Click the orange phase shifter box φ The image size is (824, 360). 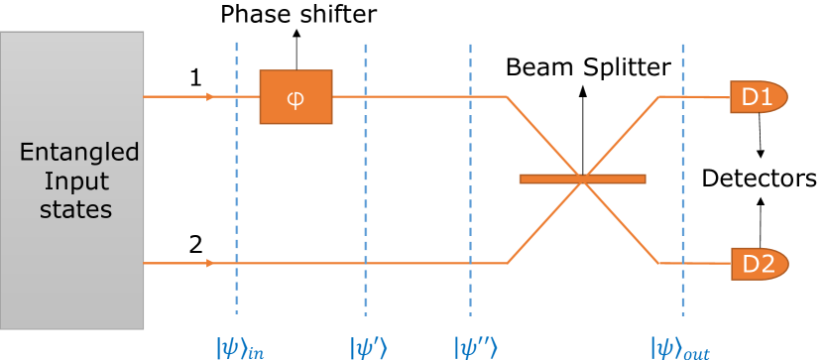pyautogui.click(x=295, y=96)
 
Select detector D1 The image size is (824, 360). pyautogui.click(x=758, y=97)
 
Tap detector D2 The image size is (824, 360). pyautogui.click(x=759, y=264)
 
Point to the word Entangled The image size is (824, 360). pyautogui.click(x=79, y=154)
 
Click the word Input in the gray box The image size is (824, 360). pyautogui.click(x=75, y=182)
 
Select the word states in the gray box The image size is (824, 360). pyautogui.click(x=75, y=210)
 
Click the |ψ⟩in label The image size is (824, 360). pyautogui.click(x=241, y=347)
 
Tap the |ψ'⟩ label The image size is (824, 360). pyautogui.click(x=368, y=347)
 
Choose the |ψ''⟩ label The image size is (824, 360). pyautogui.click(x=474, y=347)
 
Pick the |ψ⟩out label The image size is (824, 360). pyautogui.click(x=680, y=347)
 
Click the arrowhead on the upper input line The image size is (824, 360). pyautogui.click(x=209, y=97)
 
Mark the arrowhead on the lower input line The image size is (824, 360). pyautogui.click(x=209, y=264)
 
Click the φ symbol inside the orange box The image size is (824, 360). pyautogui.click(x=295, y=97)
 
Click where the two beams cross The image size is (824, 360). pyautogui.click(x=583, y=180)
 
